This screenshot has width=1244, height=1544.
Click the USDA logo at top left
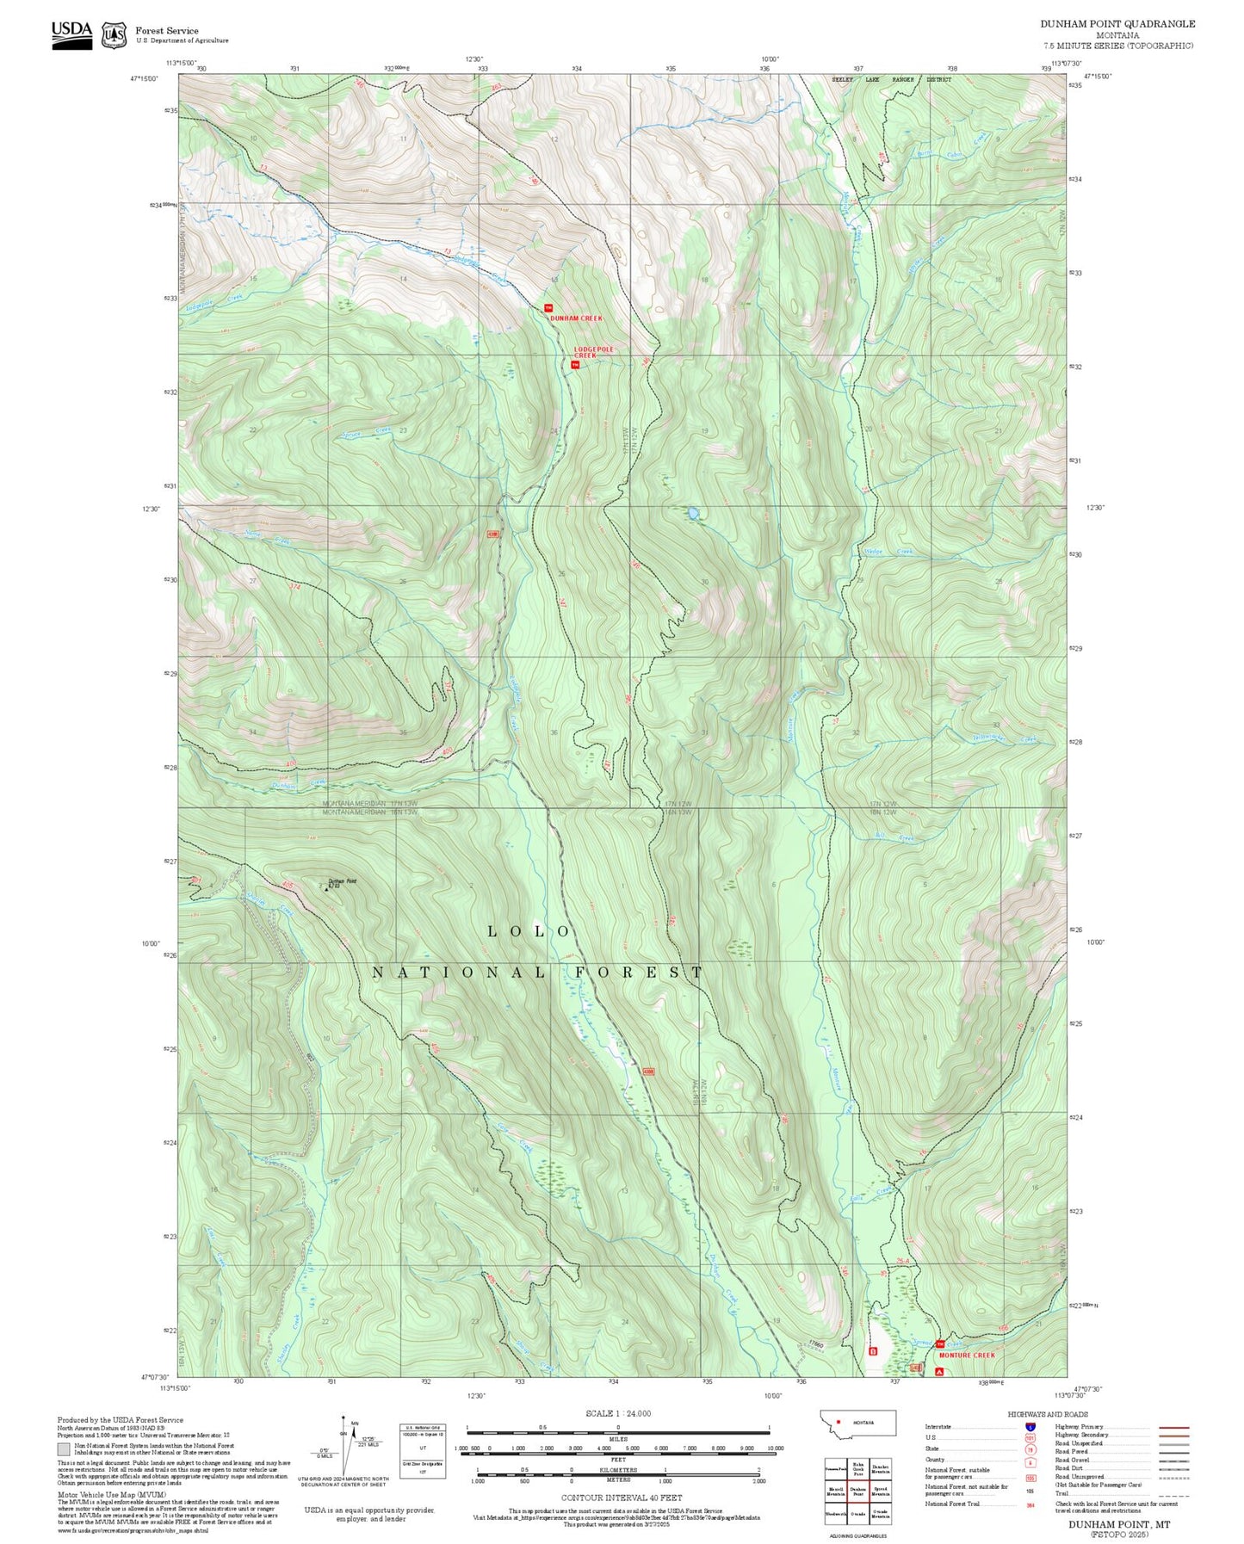coord(71,34)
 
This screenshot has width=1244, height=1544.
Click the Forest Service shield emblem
coord(114,34)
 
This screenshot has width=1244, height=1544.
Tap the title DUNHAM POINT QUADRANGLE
coord(1117,24)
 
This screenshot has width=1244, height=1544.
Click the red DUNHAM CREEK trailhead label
coord(576,318)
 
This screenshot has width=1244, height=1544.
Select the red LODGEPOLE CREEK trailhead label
coord(594,352)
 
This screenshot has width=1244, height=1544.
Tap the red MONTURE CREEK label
coord(967,1355)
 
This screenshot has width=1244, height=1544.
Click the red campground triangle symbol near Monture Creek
coord(939,1372)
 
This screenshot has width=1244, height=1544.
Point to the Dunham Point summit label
coord(342,882)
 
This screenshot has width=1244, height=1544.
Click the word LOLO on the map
coord(529,931)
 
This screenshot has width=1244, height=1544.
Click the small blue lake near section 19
coord(692,514)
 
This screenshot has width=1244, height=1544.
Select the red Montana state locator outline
coord(857,1423)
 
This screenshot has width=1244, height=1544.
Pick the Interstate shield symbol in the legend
coord(1030,1427)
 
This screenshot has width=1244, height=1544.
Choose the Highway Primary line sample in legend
coord(1174,1427)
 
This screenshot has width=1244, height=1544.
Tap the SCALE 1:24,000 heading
coord(617,1414)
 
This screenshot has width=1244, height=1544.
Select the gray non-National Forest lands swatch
coord(64,1448)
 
